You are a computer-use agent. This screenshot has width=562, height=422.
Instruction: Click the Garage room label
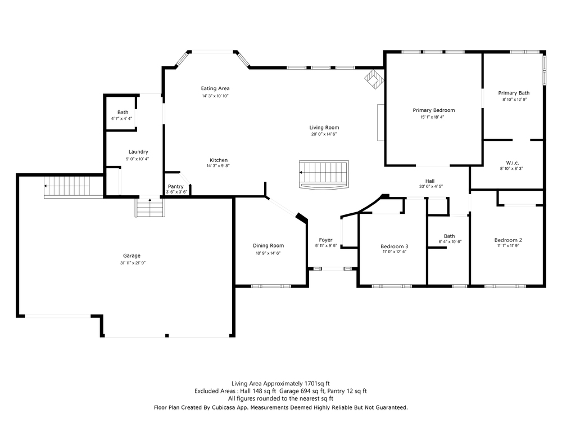[132, 256]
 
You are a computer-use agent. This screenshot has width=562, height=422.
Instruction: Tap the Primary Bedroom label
[434, 110]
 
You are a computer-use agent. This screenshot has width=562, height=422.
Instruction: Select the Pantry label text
[175, 187]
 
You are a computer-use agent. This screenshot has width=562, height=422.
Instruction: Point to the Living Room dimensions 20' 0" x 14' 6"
[324, 134]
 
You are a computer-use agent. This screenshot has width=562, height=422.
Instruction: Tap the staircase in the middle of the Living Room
[324, 174]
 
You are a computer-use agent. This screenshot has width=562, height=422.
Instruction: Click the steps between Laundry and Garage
[150, 208]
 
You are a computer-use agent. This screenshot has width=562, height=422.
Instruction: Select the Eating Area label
[215, 88]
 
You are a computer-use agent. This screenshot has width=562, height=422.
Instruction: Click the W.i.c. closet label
[513, 163]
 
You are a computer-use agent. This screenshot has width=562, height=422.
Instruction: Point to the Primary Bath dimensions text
[514, 100]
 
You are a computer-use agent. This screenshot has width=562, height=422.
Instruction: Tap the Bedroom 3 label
[395, 246]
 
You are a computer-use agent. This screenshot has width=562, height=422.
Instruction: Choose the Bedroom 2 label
[508, 240]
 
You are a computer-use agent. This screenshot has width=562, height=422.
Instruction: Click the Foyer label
[326, 240]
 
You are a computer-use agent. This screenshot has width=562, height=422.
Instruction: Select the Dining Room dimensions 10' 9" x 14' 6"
[268, 253]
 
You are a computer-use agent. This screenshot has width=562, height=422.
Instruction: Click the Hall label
[430, 181]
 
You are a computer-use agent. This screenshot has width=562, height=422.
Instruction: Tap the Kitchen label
[219, 160]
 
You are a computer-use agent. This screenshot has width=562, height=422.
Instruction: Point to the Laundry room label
[138, 152]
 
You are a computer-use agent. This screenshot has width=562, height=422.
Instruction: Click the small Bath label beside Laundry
[123, 113]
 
